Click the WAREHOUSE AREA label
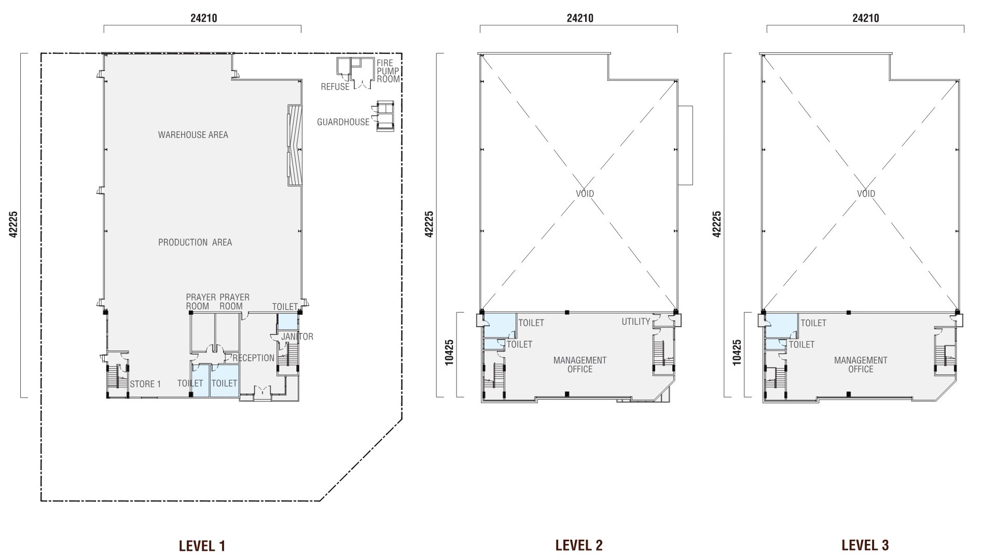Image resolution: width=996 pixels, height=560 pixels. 193,135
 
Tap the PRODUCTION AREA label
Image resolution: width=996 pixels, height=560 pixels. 195,242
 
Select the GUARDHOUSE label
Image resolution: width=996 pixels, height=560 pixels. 343,122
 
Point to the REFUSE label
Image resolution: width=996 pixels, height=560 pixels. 335,87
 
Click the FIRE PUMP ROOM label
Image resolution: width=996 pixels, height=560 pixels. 388,71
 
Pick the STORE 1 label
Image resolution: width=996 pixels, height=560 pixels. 145,384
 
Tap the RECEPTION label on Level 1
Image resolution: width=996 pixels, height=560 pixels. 254,358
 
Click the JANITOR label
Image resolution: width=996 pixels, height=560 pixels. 297,337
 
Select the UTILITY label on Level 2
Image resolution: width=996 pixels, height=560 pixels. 636,321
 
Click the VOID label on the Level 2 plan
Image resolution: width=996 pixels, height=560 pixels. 585,193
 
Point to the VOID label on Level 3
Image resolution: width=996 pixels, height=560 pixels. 866,193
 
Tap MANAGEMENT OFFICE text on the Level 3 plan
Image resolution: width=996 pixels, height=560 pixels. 861,365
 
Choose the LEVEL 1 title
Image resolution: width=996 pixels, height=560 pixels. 202,545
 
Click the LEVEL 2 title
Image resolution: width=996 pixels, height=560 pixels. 579,545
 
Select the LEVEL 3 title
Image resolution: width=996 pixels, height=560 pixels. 865,545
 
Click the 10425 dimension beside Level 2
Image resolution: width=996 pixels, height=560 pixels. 449,353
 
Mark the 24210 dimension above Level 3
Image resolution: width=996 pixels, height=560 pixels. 866,18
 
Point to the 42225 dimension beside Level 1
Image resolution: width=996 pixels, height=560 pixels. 13,224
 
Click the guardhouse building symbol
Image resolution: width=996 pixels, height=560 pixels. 384,117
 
